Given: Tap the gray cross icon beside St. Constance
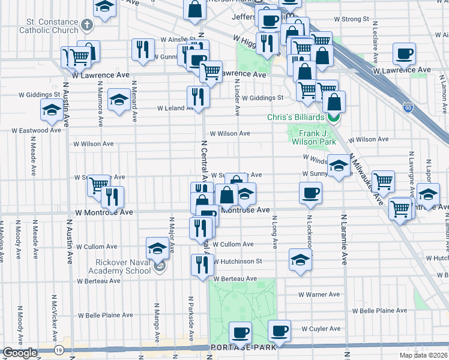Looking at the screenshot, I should pos(88,25).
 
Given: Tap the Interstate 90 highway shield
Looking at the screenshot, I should pos(408,108).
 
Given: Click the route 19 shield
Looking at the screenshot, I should pos(58,350).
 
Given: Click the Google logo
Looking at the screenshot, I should pos(20,353).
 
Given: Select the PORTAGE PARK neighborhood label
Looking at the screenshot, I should pos(243,347).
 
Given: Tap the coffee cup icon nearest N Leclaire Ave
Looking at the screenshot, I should pos(404,53).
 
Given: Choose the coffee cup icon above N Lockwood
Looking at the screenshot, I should pos(310,192).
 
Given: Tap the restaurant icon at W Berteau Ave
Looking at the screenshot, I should pos(202,265).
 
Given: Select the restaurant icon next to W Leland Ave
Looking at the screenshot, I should pos(197,97).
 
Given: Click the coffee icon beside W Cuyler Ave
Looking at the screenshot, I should pos(279,330).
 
